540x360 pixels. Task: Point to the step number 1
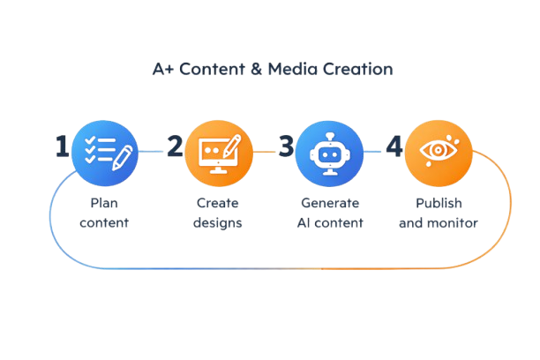tap(62, 147)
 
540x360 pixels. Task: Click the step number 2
tap(176, 146)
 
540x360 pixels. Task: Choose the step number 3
tap(284, 146)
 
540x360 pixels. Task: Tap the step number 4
tap(394, 146)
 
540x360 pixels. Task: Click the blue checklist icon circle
tap(104, 151)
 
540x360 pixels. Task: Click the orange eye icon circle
tap(439, 151)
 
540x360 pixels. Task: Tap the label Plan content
tap(104, 213)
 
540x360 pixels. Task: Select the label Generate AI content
tap(329, 213)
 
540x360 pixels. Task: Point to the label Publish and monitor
tap(439, 213)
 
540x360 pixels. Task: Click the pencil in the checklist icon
tap(121, 150)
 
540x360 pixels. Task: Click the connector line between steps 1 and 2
tap(152, 152)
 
